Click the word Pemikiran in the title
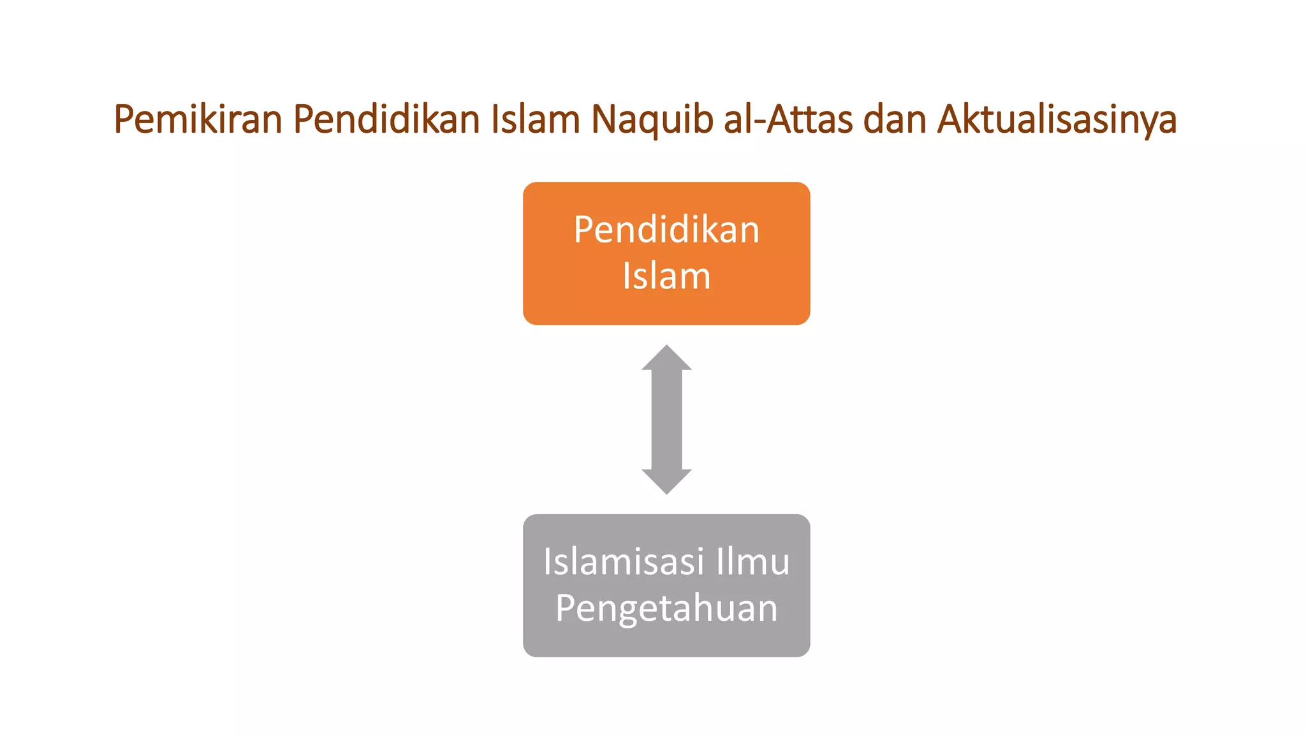(x=198, y=119)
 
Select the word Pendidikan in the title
(x=386, y=119)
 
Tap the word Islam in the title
(x=535, y=119)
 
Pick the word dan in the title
(x=895, y=119)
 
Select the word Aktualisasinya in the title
(x=1057, y=119)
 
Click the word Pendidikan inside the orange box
(x=666, y=230)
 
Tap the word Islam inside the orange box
(x=666, y=276)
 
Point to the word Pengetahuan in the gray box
(x=666, y=609)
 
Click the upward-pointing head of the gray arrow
(x=666, y=359)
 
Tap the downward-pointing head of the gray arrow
(x=666, y=481)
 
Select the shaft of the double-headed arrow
(x=666, y=420)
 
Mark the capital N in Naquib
(x=603, y=119)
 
